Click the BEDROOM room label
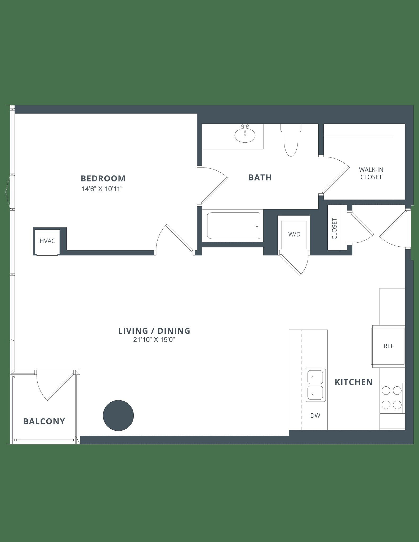click(x=103, y=178)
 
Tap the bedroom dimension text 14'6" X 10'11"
click(x=103, y=189)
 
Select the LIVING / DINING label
click(x=154, y=331)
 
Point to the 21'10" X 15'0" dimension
click(x=154, y=340)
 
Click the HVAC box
click(x=47, y=241)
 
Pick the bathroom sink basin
click(x=245, y=134)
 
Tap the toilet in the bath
click(x=291, y=140)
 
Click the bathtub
click(x=233, y=226)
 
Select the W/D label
click(x=294, y=234)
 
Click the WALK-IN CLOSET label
click(x=371, y=173)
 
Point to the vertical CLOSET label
click(x=334, y=229)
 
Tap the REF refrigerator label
click(x=389, y=346)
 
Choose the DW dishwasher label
click(x=315, y=415)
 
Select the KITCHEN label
click(x=354, y=382)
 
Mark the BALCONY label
click(x=44, y=421)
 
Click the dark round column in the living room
click(x=118, y=415)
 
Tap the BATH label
click(x=260, y=177)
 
